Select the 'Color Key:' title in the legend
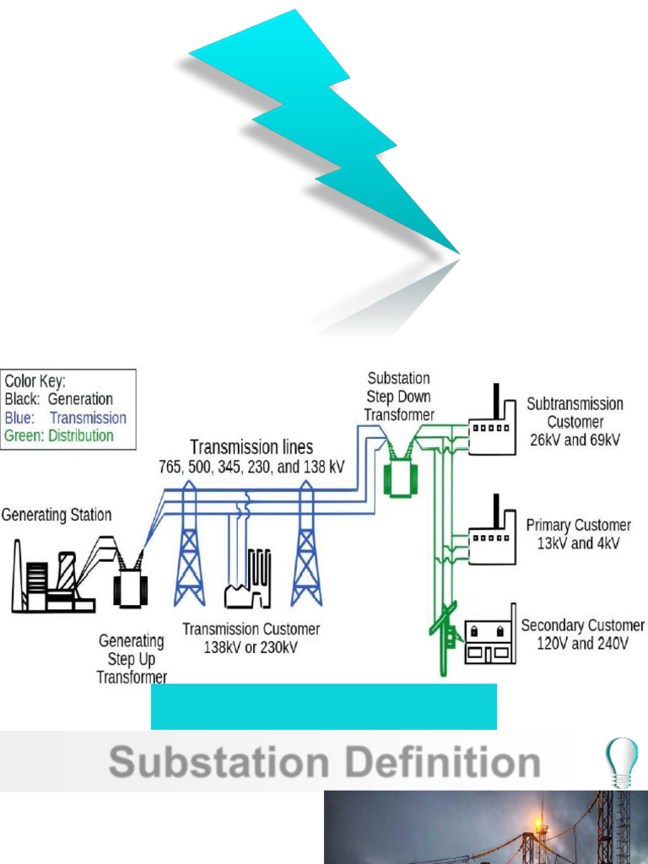point(35,381)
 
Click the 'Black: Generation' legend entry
point(58,399)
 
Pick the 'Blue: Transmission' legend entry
point(65,418)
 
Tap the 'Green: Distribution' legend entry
point(59,436)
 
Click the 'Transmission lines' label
point(251,447)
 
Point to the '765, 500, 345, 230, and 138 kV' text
point(251,466)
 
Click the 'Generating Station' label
point(57,515)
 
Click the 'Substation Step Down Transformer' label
point(399,397)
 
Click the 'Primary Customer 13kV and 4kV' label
point(578,534)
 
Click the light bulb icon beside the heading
point(623,760)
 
